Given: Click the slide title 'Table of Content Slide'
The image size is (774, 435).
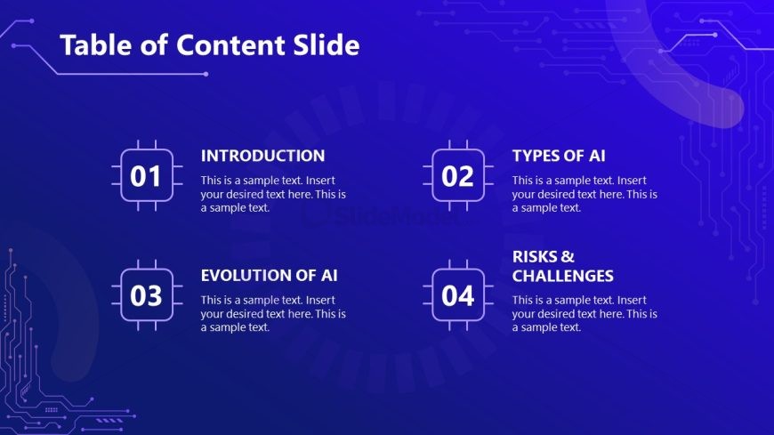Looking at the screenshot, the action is (210, 45).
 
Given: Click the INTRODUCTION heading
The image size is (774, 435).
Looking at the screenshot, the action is (262, 156).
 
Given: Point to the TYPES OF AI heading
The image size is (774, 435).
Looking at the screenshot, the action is (559, 156).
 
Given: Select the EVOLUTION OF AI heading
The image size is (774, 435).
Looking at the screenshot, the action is (269, 276).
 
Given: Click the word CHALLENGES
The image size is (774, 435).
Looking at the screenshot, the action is (563, 276).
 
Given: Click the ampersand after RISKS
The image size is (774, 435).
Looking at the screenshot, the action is (568, 257).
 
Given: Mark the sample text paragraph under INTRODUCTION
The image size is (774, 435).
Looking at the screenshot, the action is (273, 194).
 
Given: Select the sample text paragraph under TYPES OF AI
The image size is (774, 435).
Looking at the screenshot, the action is (585, 194).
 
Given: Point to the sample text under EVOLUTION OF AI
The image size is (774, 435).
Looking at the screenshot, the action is (273, 313).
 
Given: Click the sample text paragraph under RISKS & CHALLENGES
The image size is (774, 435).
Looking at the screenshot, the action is (585, 313).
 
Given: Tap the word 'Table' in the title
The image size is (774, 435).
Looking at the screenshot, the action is (96, 45).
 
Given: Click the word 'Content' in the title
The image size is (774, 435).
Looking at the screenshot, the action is (230, 45).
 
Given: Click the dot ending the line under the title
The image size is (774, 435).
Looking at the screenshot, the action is (206, 74).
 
